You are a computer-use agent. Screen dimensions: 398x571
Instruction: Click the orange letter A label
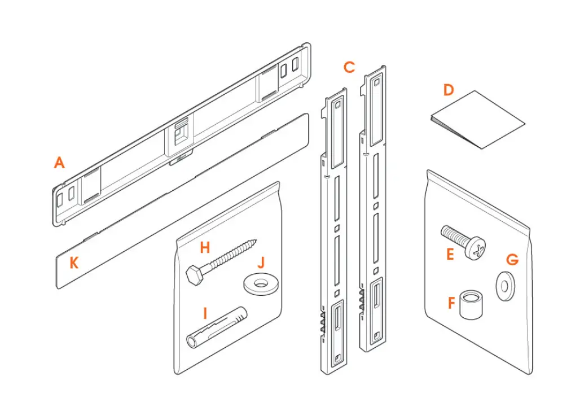tap(59, 163)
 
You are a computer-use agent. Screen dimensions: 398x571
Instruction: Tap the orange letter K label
tap(74, 262)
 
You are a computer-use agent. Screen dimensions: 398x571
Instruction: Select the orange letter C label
tap(349, 67)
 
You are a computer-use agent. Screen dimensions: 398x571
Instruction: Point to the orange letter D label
tap(449, 90)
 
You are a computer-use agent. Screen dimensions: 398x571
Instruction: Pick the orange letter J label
tap(261, 263)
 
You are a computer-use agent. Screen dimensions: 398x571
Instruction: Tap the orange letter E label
tap(450, 254)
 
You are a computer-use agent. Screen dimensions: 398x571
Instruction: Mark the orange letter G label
tap(512, 260)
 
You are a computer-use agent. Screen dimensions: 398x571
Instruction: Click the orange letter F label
tap(451, 303)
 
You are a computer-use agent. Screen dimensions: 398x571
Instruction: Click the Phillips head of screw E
tap(477, 248)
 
